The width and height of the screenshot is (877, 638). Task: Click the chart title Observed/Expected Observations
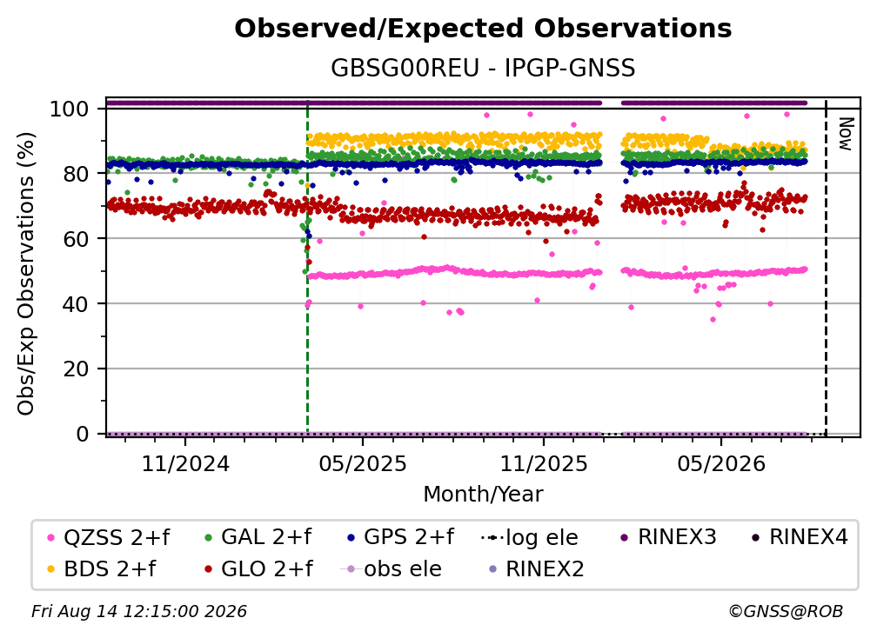[483, 29]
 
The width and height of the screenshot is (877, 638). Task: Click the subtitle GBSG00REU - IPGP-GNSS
[483, 68]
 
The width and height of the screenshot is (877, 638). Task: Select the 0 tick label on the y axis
[82, 434]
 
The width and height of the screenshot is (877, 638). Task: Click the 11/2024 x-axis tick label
[185, 463]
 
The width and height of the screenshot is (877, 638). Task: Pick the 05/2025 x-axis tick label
[363, 463]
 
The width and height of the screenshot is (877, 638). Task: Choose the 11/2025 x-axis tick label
[544, 463]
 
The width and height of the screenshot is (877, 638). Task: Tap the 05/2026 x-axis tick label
[721, 463]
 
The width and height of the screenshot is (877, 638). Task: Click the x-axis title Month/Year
[483, 494]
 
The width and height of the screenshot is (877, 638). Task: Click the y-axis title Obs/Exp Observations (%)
[26, 273]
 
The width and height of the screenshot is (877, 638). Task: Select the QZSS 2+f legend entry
[108, 537]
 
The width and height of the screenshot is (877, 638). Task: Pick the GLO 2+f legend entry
[258, 568]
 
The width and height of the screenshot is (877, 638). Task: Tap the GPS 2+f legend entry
[400, 537]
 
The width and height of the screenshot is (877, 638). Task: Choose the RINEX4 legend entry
[800, 537]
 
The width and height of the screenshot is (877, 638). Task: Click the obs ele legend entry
[391, 568]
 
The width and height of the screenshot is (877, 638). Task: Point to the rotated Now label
[845, 134]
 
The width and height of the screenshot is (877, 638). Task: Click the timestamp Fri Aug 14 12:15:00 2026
[139, 611]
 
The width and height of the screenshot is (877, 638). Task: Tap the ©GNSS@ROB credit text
[786, 611]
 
